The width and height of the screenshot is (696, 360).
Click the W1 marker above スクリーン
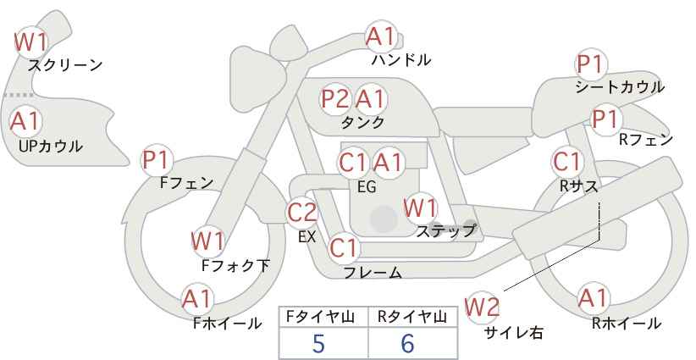[x=30, y=42]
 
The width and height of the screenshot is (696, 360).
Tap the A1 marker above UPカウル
[x=25, y=121]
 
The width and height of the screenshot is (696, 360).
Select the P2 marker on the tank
[x=335, y=98]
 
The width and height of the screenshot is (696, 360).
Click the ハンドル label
[x=400, y=59]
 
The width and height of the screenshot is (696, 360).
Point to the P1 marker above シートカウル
[x=591, y=65]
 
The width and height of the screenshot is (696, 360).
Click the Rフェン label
[x=646, y=140]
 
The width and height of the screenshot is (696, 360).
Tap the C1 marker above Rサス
[x=566, y=163]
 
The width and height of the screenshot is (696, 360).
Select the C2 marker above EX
[x=301, y=212]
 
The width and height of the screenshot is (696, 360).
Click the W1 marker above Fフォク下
[x=207, y=242]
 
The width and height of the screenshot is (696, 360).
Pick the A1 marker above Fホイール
[x=197, y=299]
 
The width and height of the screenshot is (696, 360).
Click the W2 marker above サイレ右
[x=482, y=307]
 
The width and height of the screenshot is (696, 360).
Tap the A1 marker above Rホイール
[x=593, y=298]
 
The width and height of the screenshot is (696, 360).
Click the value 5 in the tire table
[x=318, y=343]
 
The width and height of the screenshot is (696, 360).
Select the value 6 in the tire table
[x=407, y=343]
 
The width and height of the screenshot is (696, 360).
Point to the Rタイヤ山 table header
[x=412, y=317]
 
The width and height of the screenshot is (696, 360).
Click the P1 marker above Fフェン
[x=157, y=161]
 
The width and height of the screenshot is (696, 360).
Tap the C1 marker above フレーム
[x=343, y=248]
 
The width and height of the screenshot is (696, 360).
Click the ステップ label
[x=445, y=231]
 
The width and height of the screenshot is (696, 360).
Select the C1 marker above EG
[x=353, y=163]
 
